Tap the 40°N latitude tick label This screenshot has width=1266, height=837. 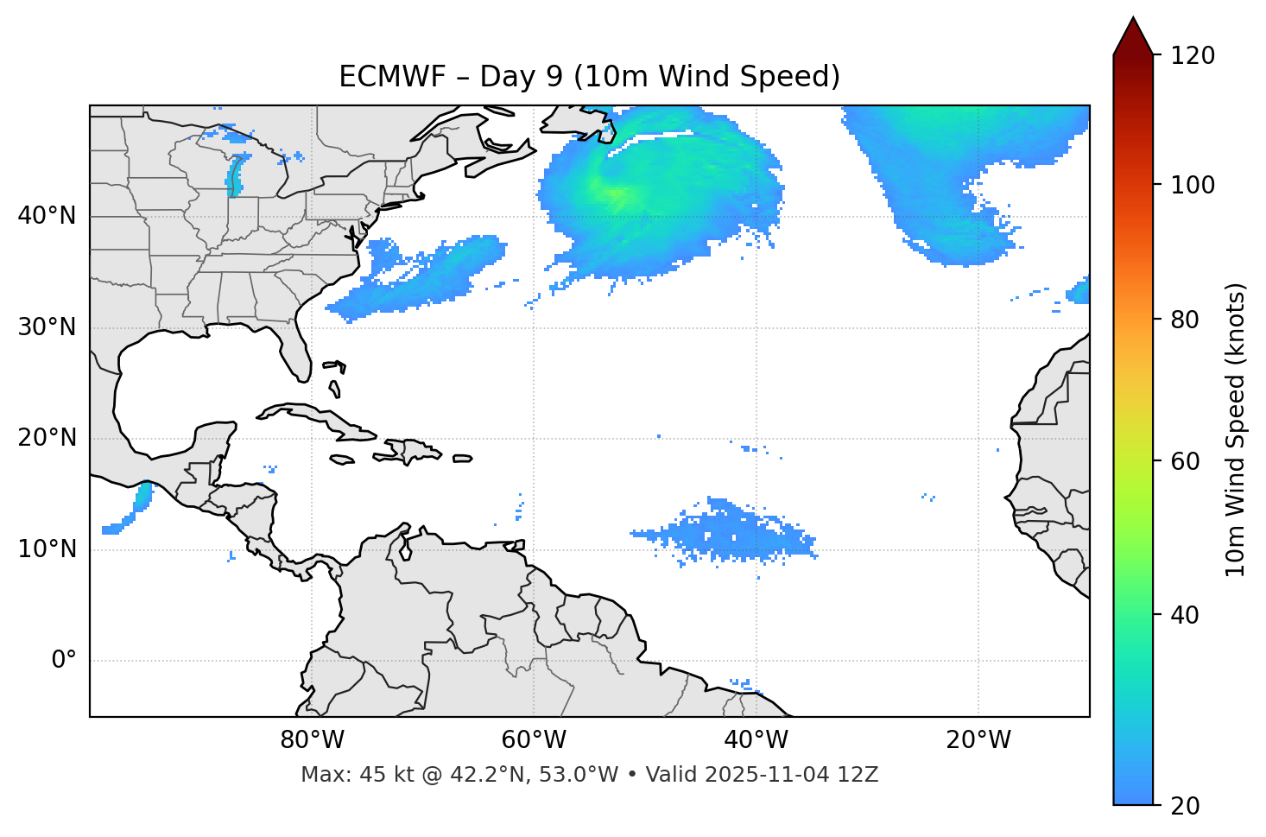tap(47, 216)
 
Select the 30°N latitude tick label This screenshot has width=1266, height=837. tap(47, 327)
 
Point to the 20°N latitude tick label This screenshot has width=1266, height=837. tap(47, 439)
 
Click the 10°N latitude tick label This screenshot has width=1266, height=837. tap(47, 549)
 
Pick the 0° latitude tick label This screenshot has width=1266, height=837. tap(63, 661)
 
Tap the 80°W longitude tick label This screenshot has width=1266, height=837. tap(312, 740)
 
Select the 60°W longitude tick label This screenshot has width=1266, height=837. tap(534, 740)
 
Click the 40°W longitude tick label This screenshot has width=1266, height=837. tap(756, 740)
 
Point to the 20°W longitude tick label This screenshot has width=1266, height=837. tap(978, 740)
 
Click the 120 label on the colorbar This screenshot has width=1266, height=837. tap(1193, 55)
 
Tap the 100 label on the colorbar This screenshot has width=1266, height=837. tap(1193, 185)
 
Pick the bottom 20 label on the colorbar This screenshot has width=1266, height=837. tap(1184, 806)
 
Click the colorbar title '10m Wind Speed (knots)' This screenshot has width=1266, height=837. tap(1236, 429)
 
